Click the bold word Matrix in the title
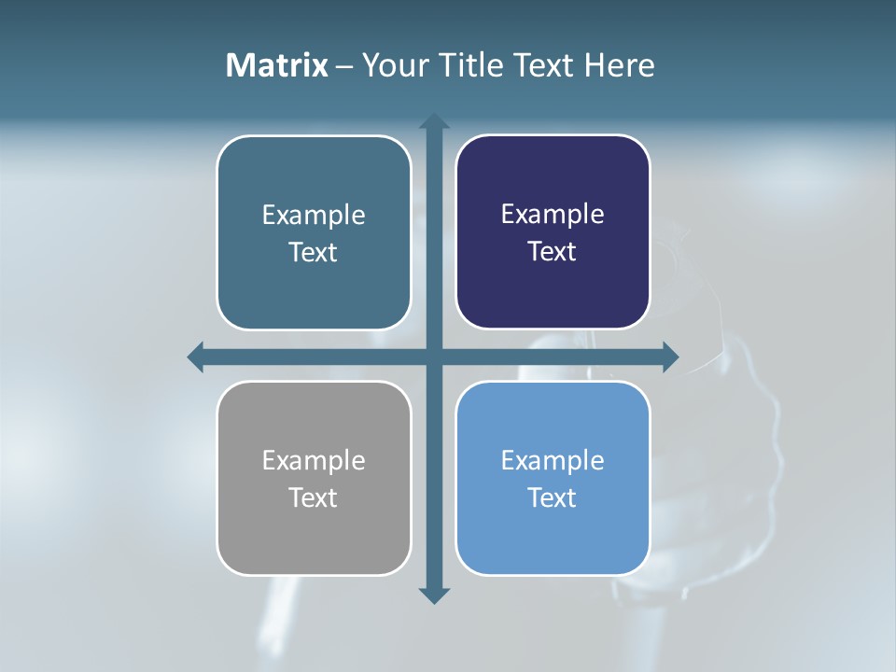[277, 65]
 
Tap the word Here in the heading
[619, 65]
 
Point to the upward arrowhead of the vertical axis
[434, 121]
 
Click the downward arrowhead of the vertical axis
[434, 595]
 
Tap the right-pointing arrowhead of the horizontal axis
[670, 357]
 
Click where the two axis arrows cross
[434, 357]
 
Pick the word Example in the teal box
[314, 215]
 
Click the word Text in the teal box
[314, 252]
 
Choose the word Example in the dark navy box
[553, 214]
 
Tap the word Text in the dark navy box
[553, 251]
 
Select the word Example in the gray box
[314, 460]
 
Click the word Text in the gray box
[314, 497]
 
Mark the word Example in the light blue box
[553, 460]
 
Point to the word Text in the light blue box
[553, 497]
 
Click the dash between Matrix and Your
[344, 66]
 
